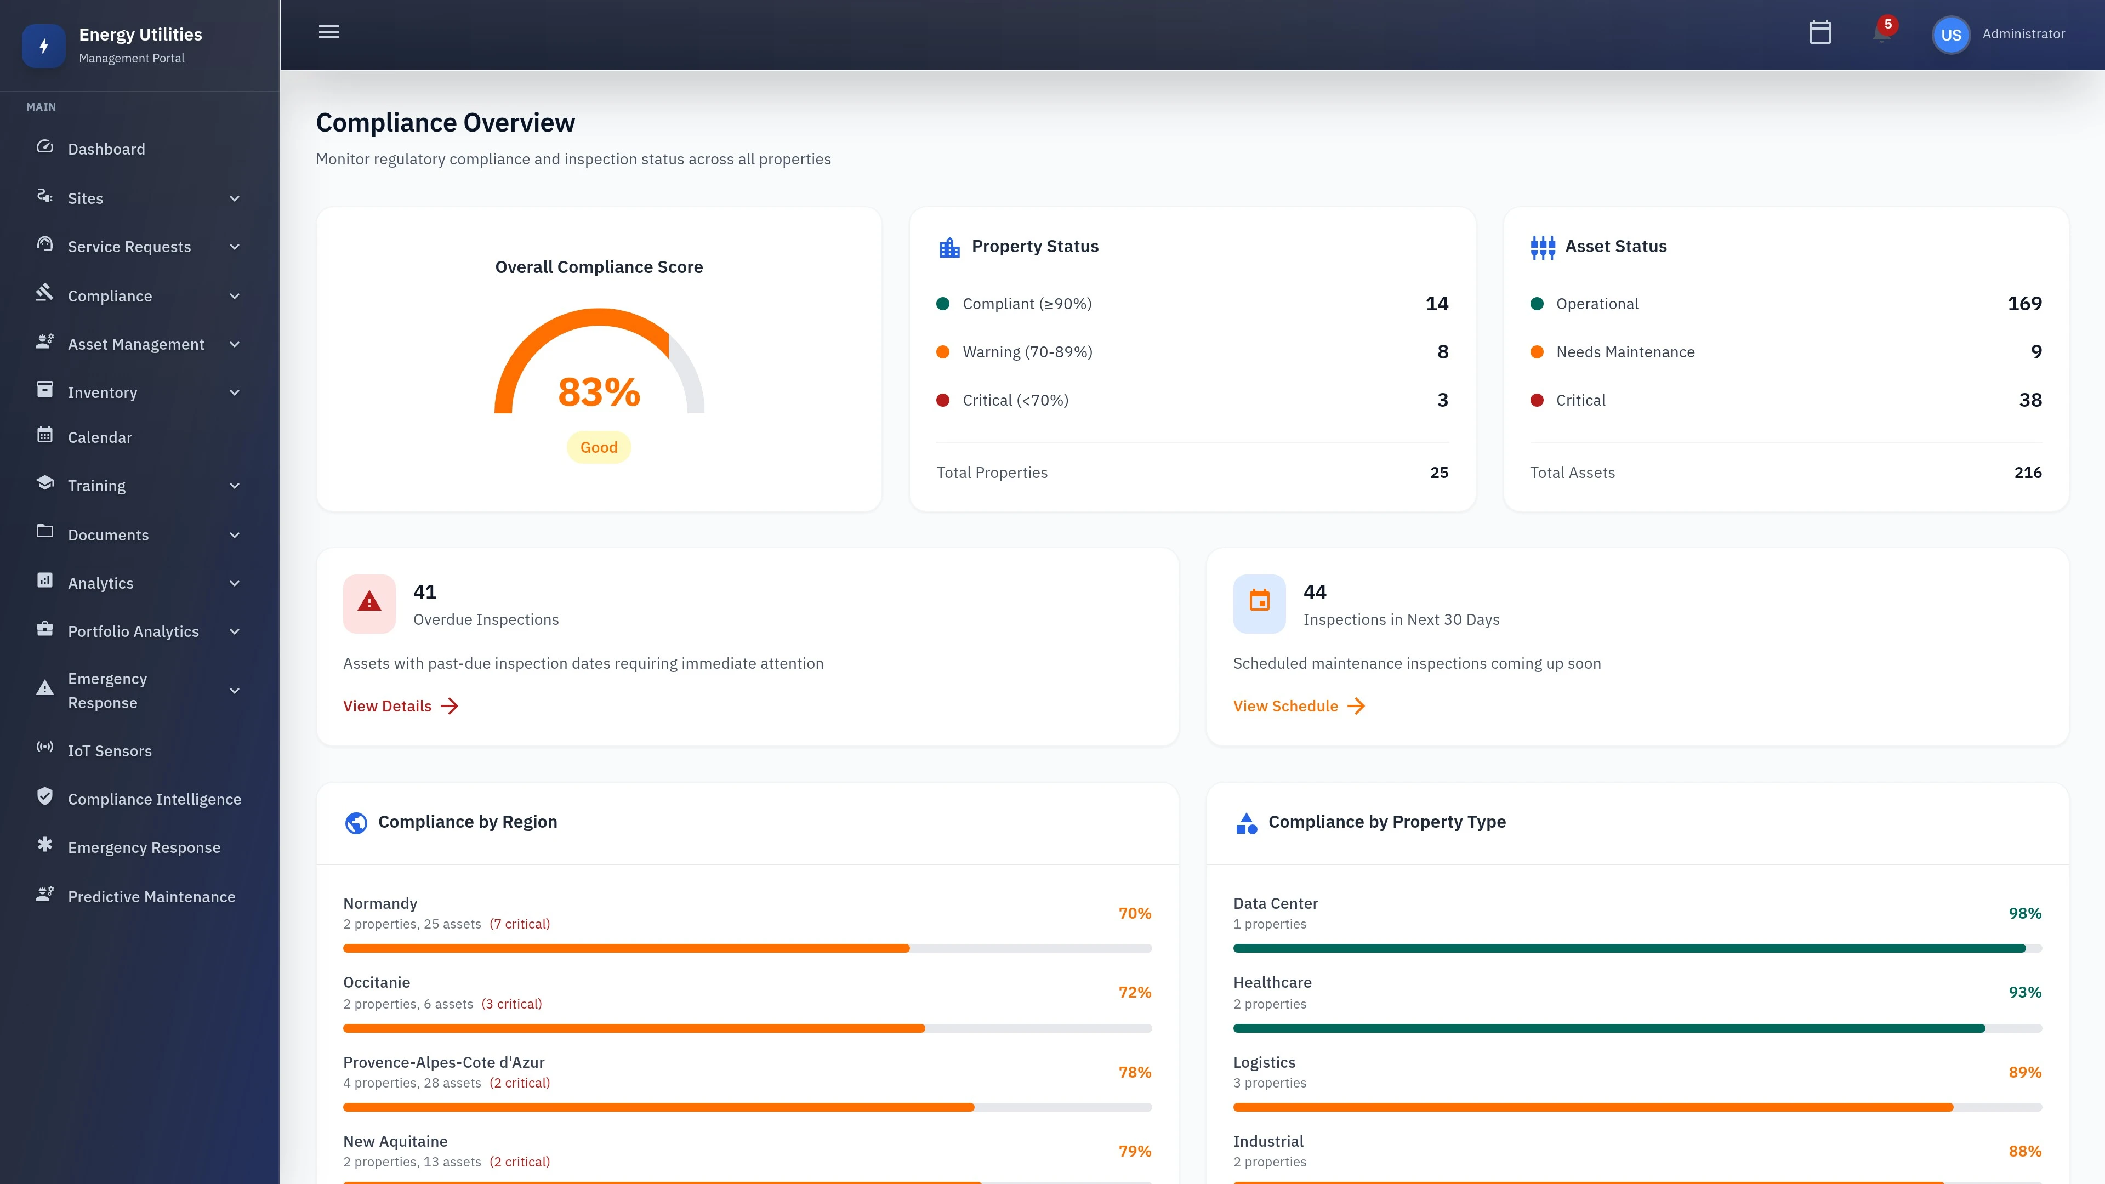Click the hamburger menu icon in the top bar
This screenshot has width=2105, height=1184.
(328, 33)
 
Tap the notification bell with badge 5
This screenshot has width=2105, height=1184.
(1881, 33)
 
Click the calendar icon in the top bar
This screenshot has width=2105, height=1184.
(1820, 33)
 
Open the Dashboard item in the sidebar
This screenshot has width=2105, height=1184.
(106, 149)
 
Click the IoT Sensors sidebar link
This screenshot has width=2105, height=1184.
(110, 751)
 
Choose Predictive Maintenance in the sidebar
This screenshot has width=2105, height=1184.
(151, 896)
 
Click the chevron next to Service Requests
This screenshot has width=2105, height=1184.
(235, 247)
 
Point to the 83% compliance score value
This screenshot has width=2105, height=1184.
(599, 392)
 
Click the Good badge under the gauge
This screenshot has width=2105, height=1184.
(599, 447)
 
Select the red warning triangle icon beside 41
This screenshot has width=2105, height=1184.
(369, 603)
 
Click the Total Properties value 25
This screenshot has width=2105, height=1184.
(1439, 473)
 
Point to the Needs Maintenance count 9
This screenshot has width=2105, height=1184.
(2035, 352)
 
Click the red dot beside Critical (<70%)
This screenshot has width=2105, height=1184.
(943, 400)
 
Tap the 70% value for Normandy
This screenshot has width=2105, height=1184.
(1134, 913)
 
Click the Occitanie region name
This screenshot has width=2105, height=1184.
(377, 982)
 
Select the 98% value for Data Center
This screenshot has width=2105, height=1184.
(2024, 913)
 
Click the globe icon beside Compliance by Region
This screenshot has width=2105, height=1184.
(356, 823)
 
